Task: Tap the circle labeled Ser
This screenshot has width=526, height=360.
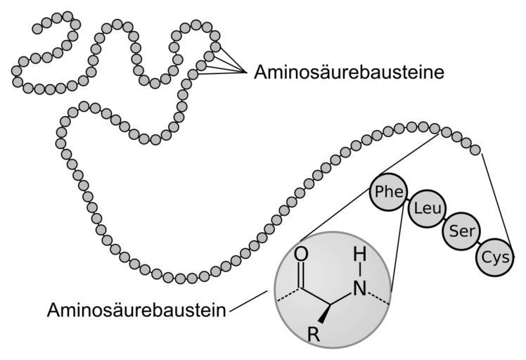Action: click(460, 231)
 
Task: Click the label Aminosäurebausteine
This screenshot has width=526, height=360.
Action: click(349, 72)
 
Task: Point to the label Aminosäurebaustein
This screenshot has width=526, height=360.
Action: click(136, 310)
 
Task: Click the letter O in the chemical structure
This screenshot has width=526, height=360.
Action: click(303, 254)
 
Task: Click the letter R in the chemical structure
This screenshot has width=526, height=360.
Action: click(314, 336)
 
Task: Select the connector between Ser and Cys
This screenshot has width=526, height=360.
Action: click(477, 243)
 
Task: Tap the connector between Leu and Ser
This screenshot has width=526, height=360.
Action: click(442, 219)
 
